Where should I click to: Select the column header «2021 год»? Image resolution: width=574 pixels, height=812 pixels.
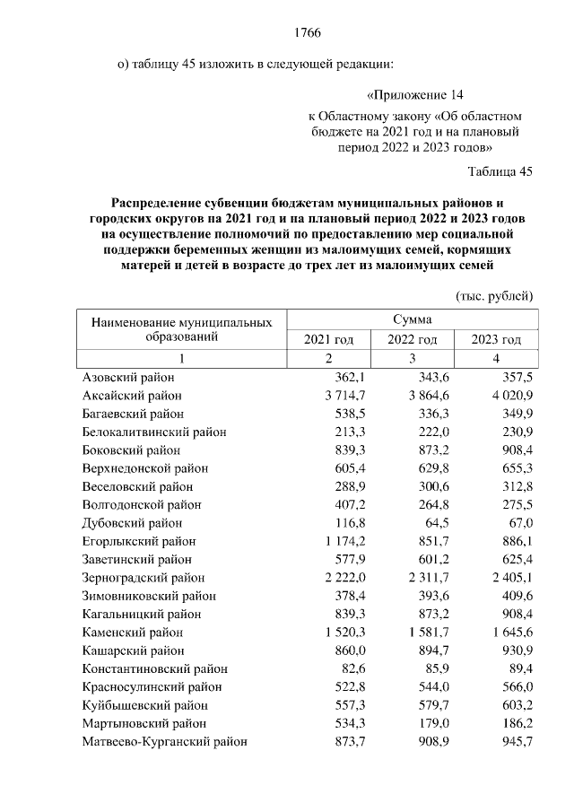coord(328,339)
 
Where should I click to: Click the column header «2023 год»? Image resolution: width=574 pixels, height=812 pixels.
coord(496,339)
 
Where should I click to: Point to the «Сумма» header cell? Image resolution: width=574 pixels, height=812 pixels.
coord(412,319)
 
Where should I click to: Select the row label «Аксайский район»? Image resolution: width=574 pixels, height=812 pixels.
coord(132,395)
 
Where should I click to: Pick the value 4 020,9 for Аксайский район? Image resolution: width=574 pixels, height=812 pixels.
coord(509,395)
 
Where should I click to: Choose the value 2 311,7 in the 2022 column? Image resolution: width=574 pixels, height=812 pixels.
coord(425,578)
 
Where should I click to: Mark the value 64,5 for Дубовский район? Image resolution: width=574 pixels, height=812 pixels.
coord(435,522)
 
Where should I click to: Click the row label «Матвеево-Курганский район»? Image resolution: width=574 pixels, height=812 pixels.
coord(164,742)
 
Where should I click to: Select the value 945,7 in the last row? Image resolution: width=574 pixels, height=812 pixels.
coord(516,742)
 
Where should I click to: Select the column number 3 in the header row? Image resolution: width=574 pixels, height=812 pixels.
coord(412,359)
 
